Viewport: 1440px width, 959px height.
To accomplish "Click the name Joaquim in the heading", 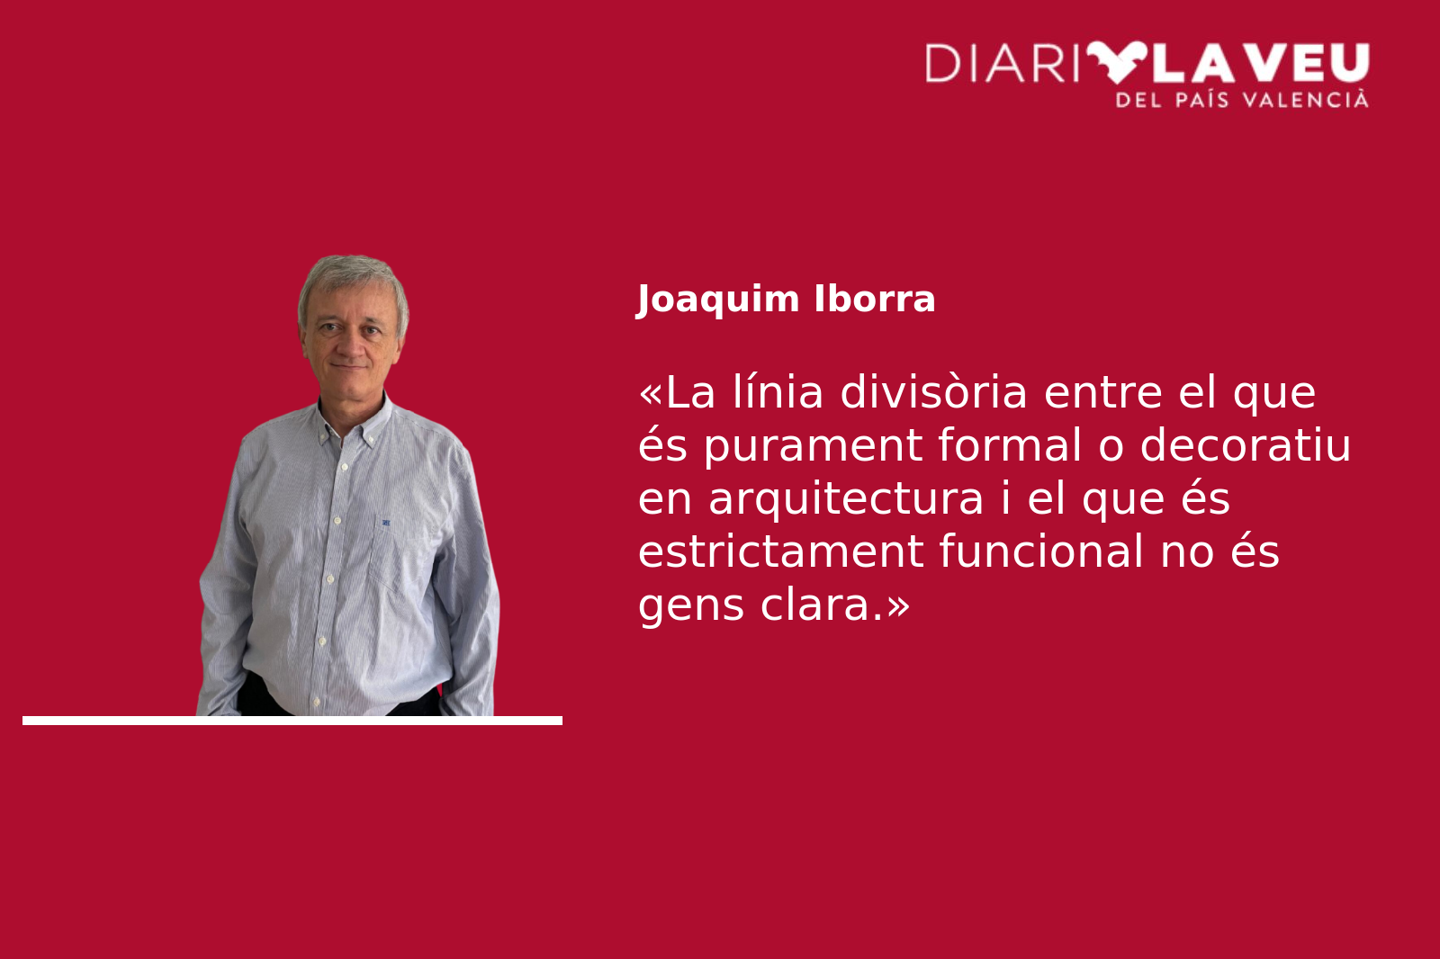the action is point(717,300).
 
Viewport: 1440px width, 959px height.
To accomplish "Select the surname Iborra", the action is point(874,299).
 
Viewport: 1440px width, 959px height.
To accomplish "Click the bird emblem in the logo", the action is point(1117,62).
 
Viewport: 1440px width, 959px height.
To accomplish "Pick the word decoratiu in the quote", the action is point(1246,444).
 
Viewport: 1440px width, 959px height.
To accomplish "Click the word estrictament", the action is point(779,551).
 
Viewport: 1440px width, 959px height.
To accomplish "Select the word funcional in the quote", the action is point(1040,551).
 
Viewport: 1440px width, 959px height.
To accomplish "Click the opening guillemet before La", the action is point(651,394).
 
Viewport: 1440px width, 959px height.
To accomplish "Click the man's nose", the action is point(352,348).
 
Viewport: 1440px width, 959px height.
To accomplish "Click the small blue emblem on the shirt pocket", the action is point(386,523).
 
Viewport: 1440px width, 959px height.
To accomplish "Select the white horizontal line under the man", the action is point(292,721).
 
